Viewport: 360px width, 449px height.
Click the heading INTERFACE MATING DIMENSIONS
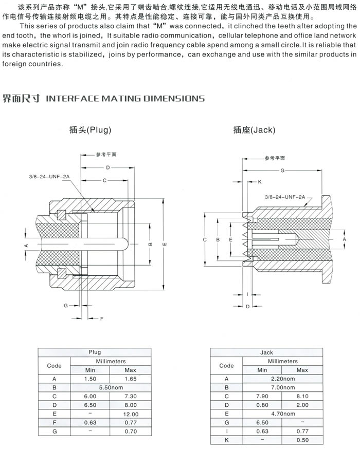[125, 98]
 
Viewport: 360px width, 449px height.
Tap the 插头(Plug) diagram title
[90, 130]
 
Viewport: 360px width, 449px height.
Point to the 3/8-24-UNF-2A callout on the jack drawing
[285, 196]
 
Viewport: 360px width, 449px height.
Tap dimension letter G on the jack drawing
[282, 170]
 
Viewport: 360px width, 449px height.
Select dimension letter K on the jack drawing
[259, 182]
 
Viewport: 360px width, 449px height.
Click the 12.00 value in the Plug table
[131, 414]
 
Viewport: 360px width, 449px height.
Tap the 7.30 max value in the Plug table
[131, 396]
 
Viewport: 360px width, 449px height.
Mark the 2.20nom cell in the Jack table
[282, 379]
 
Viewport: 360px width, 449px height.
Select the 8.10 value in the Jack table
[302, 397]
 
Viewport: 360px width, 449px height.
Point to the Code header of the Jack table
[226, 366]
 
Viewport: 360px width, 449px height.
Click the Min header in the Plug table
[90, 370]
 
